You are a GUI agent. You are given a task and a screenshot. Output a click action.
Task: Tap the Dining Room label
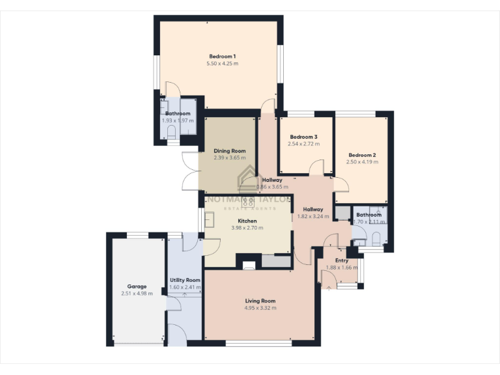coord(229,150)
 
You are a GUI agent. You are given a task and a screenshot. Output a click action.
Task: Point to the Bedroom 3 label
coord(303,137)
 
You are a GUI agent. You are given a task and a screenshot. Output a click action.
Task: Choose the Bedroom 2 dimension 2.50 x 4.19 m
coord(361,162)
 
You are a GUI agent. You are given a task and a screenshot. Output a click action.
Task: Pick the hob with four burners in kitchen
coord(248,201)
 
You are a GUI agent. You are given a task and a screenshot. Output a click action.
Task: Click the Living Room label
coord(260,301)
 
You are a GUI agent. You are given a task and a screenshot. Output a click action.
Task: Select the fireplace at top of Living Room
coord(249,264)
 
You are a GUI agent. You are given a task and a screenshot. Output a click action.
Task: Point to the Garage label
coord(137,286)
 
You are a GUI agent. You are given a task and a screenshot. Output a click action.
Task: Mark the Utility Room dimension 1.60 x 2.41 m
coord(185,287)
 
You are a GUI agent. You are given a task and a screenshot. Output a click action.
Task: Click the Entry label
coord(341,260)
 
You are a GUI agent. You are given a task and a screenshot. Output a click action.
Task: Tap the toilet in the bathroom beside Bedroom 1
coord(171,133)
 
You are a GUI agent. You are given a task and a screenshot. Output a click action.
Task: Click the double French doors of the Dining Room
coord(190,171)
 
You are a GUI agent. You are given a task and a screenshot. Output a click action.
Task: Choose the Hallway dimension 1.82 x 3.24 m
coord(312,216)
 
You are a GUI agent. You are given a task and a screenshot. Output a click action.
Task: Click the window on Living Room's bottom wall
coord(258,342)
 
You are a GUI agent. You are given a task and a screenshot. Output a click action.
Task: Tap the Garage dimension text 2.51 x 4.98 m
coord(137,294)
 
